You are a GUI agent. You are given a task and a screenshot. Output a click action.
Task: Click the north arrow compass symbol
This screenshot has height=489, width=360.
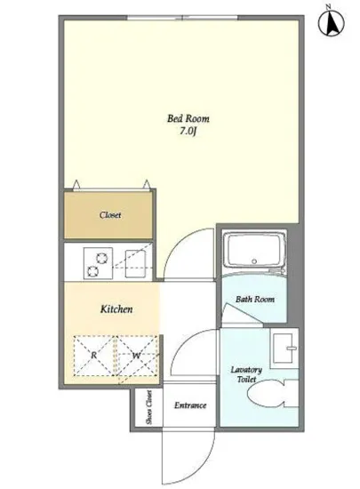[332, 22]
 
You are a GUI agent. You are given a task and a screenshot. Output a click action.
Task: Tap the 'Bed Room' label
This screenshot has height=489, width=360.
[188, 118]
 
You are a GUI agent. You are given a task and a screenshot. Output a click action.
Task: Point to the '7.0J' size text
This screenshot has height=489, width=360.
[188, 132]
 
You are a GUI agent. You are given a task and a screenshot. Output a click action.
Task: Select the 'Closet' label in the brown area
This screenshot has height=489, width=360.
[110, 215]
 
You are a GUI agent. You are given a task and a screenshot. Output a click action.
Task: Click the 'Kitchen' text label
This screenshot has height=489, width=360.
[116, 309]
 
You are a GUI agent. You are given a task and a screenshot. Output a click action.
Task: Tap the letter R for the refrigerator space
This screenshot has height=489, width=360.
[93, 355]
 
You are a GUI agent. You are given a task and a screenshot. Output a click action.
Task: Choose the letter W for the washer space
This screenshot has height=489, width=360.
[136, 356]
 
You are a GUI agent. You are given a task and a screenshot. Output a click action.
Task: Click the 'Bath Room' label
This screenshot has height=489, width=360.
[255, 300]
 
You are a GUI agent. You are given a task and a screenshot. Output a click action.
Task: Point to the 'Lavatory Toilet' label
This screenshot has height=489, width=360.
[246, 374]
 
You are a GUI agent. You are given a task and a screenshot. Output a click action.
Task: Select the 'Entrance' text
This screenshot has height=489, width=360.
[190, 405]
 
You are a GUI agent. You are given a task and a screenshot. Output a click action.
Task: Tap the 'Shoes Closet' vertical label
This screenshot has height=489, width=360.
[148, 407]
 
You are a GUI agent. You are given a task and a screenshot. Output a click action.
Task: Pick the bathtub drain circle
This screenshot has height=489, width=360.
[254, 261]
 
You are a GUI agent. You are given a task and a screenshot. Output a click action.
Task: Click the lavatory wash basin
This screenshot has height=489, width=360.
[284, 349]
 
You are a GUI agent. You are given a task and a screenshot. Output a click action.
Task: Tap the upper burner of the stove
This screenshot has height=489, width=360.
[101, 258]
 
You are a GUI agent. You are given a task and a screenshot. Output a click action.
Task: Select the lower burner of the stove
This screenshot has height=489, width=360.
[92, 271]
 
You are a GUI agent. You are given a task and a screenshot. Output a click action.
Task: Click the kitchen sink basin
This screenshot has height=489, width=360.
[135, 264]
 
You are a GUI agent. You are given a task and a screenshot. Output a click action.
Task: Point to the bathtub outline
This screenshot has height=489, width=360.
[254, 251]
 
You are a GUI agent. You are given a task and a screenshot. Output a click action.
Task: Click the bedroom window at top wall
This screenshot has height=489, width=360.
[182, 18]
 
